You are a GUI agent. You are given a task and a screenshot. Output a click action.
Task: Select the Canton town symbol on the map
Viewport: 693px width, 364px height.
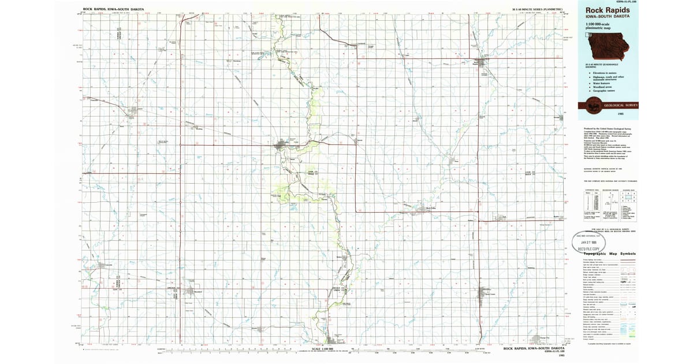coord(284,144)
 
